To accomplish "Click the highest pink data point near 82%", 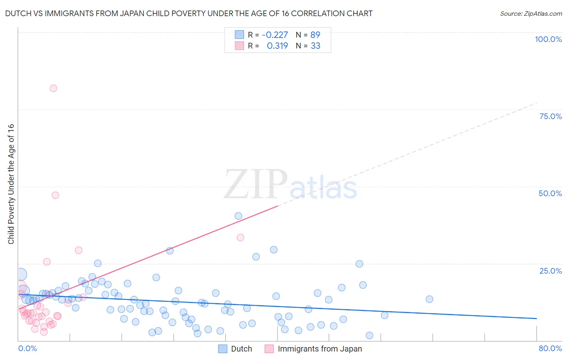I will (53, 88).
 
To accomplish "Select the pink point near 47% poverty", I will (55, 195).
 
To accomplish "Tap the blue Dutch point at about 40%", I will (238, 216).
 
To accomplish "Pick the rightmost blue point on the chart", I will (429, 299).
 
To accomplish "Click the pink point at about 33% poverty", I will (240, 238).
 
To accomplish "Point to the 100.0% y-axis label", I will (548, 39).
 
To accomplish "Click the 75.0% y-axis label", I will (550, 116).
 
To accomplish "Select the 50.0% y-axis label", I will (550, 193).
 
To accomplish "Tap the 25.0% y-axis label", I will (550, 270).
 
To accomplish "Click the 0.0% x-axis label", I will (27, 348).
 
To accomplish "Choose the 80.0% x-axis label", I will (550, 348).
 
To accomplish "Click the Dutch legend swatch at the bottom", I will (223, 349).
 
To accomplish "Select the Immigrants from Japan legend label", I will (320, 349).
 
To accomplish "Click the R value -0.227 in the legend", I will (275, 35).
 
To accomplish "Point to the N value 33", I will (315, 46).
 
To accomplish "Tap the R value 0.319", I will (277, 46).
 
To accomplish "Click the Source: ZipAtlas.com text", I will (531, 14).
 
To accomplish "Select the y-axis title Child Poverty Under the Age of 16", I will (11, 184).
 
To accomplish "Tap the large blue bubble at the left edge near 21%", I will (20, 275).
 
